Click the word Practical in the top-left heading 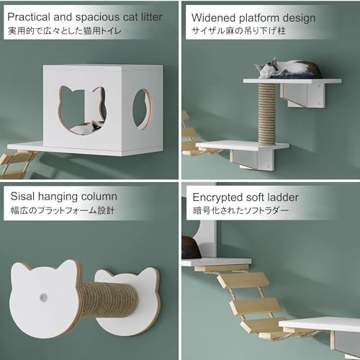[29, 17]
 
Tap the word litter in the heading [151, 17]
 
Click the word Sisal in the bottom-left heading [22, 197]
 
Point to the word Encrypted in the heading [217, 198]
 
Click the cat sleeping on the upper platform [288, 69]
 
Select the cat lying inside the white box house [88, 127]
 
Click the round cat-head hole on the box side [143, 109]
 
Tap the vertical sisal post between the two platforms [267, 114]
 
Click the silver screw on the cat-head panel [43, 297]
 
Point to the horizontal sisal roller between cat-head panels [109, 300]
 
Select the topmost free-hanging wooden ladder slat [243, 281]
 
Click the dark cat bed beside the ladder [191, 248]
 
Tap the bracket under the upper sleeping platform [303, 95]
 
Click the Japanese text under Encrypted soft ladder [240, 211]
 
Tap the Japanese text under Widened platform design [239, 31]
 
